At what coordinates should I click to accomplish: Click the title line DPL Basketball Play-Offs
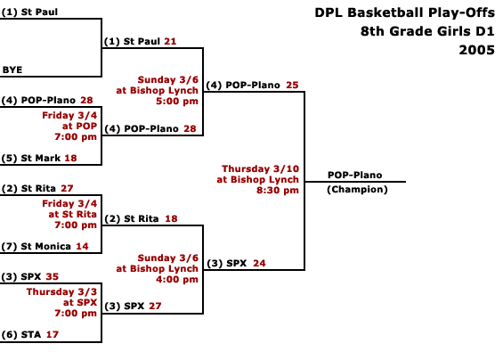coord(404,12)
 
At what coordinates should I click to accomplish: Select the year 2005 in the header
coord(476,50)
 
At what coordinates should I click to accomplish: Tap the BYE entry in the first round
coord(12,70)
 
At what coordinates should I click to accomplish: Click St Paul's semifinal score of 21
coord(170,41)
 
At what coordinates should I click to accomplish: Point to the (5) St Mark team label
coord(31,158)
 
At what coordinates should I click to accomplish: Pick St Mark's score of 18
coord(70,158)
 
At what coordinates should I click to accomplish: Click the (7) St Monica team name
coord(37,246)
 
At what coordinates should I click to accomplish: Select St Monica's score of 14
coord(82,246)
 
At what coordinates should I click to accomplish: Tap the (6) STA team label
coord(21,335)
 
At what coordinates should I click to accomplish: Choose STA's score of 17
coord(53,335)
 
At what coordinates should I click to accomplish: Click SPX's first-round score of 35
coord(53,276)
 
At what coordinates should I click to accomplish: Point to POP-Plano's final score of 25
coord(292,85)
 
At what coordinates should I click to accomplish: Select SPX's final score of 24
coord(259,264)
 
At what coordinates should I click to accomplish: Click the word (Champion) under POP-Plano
coord(357,190)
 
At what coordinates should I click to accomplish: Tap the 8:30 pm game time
coord(278,190)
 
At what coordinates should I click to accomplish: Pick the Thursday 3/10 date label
coord(261,168)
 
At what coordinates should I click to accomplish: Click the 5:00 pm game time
coord(177,102)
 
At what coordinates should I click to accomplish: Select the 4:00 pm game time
coord(177,280)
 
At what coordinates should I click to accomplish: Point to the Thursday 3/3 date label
coord(61,291)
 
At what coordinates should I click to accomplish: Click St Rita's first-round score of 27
coord(67,188)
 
